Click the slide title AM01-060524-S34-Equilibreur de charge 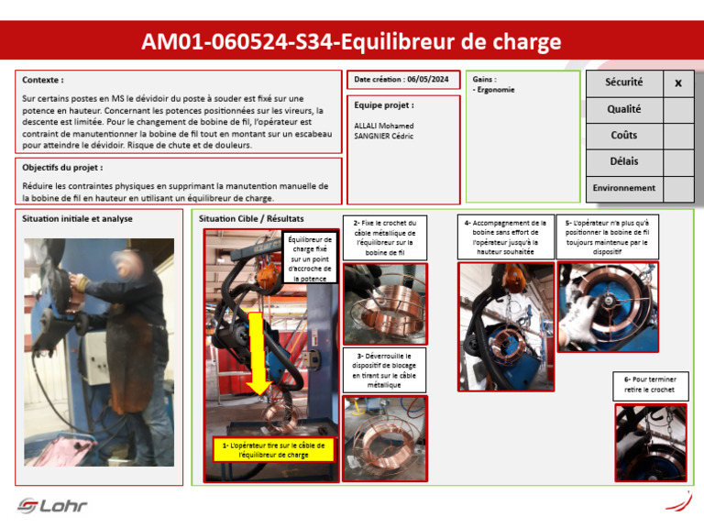pos(351,42)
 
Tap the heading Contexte pos(43,80)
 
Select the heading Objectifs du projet pos(62,168)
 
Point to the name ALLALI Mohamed pos(383,126)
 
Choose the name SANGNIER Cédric pos(385,136)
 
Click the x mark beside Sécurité pos(678,83)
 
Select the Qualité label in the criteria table pos(623,109)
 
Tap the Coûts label pos(623,136)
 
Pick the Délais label pos(623,161)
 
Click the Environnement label pos(623,188)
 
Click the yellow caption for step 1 pos(273,449)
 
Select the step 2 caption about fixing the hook pos(384,237)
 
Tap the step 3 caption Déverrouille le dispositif pos(384,369)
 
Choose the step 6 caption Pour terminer pos(650,385)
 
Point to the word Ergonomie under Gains pos(496,90)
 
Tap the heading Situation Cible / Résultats pos(251,219)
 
